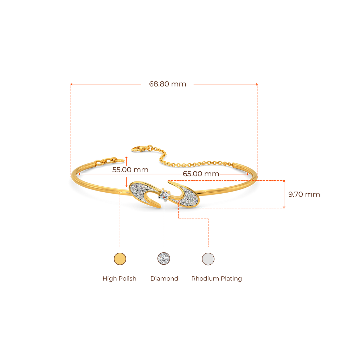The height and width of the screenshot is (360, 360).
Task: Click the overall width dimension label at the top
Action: (168, 84)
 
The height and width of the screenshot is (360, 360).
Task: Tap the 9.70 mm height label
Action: (304, 194)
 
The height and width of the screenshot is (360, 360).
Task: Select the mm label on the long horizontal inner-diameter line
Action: (201, 174)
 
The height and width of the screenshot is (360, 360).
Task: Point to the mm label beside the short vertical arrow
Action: (130, 169)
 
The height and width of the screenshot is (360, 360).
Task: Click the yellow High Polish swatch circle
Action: (120, 259)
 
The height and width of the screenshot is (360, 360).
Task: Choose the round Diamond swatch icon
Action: (164, 259)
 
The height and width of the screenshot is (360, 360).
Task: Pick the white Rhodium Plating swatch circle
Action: (208, 259)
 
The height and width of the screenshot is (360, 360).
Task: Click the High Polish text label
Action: (119, 279)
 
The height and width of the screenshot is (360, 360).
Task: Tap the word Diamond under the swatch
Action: (164, 279)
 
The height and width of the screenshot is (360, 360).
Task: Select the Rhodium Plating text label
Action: (217, 279)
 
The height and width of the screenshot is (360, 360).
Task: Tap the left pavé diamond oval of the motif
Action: (141, 192)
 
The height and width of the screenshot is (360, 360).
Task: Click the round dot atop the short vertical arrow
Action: (126, 158)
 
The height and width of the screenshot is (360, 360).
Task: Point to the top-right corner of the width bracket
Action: (258, 84)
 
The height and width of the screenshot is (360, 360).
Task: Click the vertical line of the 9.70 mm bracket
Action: (284, 194)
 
